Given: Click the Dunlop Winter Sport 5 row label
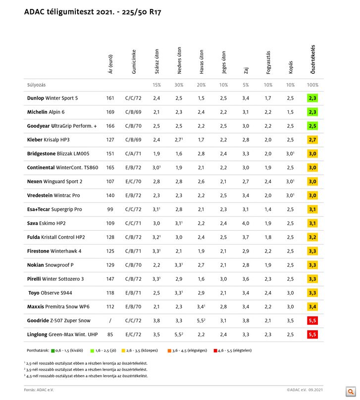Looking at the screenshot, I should point(52,98).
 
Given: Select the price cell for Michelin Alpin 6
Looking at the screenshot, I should point(110,112).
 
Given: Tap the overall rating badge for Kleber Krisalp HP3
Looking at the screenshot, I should point(312,140).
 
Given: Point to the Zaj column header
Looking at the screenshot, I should point(246,70).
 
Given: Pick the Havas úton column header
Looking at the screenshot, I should point(201,61).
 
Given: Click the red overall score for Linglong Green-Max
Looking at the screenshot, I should point(312,335).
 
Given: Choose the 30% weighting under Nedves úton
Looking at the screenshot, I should point(179,85).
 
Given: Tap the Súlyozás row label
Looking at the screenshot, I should point(36,85).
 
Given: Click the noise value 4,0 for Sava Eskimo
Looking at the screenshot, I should point(246,223).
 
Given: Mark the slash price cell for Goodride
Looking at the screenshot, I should point(110,321).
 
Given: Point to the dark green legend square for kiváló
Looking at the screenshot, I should point(52,350).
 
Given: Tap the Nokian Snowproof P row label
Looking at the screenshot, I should point(51,265).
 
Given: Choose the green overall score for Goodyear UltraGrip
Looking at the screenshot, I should point(312,126).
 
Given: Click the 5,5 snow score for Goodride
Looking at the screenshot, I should point(201,321).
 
